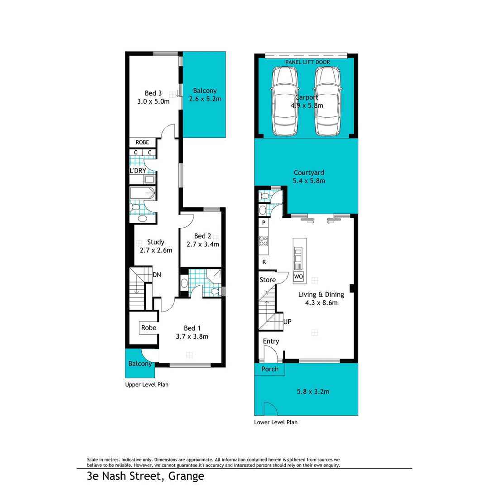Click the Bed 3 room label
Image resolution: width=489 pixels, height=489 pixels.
(x=153, y=93)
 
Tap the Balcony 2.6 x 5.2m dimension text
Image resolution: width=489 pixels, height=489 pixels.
(x=205, y=99)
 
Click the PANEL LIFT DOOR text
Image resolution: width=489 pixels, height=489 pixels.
(x=307, y=62)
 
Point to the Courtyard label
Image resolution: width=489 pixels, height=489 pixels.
(x=309, y=173)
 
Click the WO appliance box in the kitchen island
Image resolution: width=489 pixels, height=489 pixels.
(x=298, y=276)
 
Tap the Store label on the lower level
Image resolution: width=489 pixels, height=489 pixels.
(x=268, y=280)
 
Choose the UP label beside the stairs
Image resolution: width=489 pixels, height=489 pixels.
(x=287, y=322)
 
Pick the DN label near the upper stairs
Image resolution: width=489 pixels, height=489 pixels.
(x=157, y=274)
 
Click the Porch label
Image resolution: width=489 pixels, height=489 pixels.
(x=270, y=369)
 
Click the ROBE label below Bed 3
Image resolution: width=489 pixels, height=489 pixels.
(x=142, y=142)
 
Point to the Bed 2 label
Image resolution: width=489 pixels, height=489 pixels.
(x=202, y=236)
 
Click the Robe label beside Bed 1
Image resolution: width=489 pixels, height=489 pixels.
(x=149, y=327)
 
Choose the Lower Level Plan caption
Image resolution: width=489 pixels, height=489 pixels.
(x=276, y=422)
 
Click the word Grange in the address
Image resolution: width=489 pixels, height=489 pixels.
(x=186, y=476)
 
